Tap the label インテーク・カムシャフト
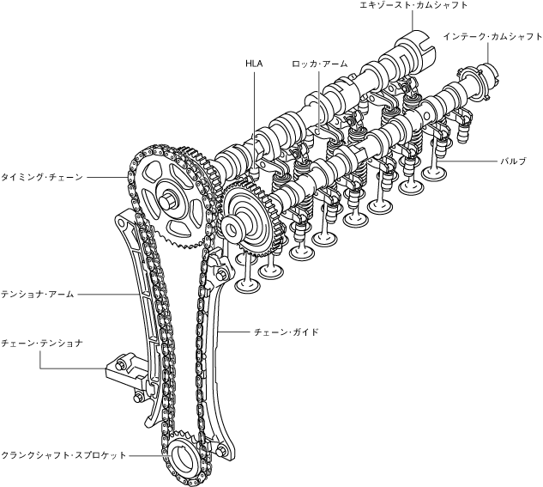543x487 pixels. (493, 37)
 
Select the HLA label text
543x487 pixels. (253, 63)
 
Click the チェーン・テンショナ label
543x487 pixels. (42, 343)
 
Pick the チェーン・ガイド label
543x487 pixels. (287, 330)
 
